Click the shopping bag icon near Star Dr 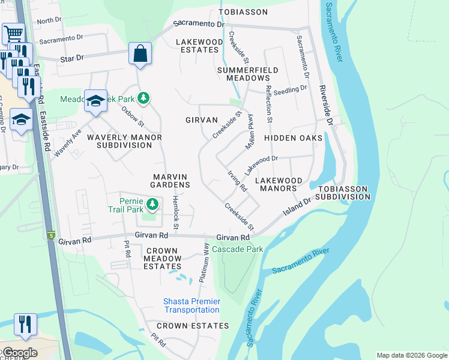pyautogui.click(x=140, y=53)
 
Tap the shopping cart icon pyautogui.click(x=13, y=33)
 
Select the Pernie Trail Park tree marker pyautogui.click(x=152, y=205)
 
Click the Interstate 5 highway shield pyautogui.click(x=52, y=235)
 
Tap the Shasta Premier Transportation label pyautogui.click(x=191, y=305)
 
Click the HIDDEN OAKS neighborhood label pyautogui.click(x=294, y=138)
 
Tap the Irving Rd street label pyautogui.click(x=237, y=181)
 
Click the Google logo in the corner pyautogui.click(x=19, y=353)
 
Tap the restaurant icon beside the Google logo pyautogui.click(x=25, y=324)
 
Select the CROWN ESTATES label pyautogui.click(x=193, y=326)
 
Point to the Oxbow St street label pyautogui.click(x=133, y=116)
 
